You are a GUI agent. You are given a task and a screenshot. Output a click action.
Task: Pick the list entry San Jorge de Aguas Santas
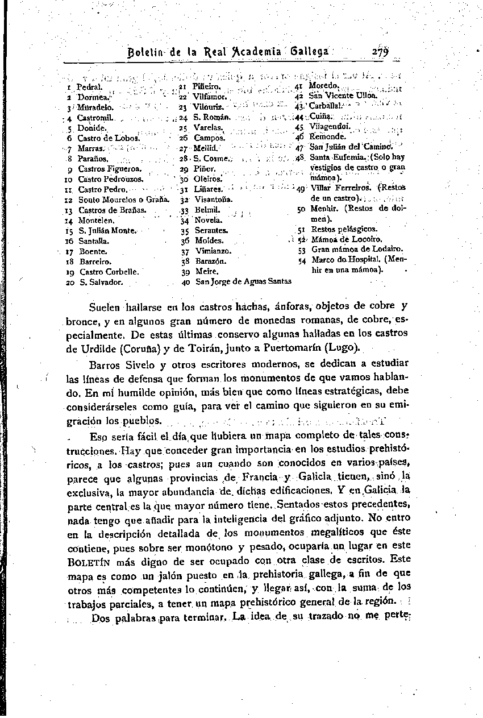243,281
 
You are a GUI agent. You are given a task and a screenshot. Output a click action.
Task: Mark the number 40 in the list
185,281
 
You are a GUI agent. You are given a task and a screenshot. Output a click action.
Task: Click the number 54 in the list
302,260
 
